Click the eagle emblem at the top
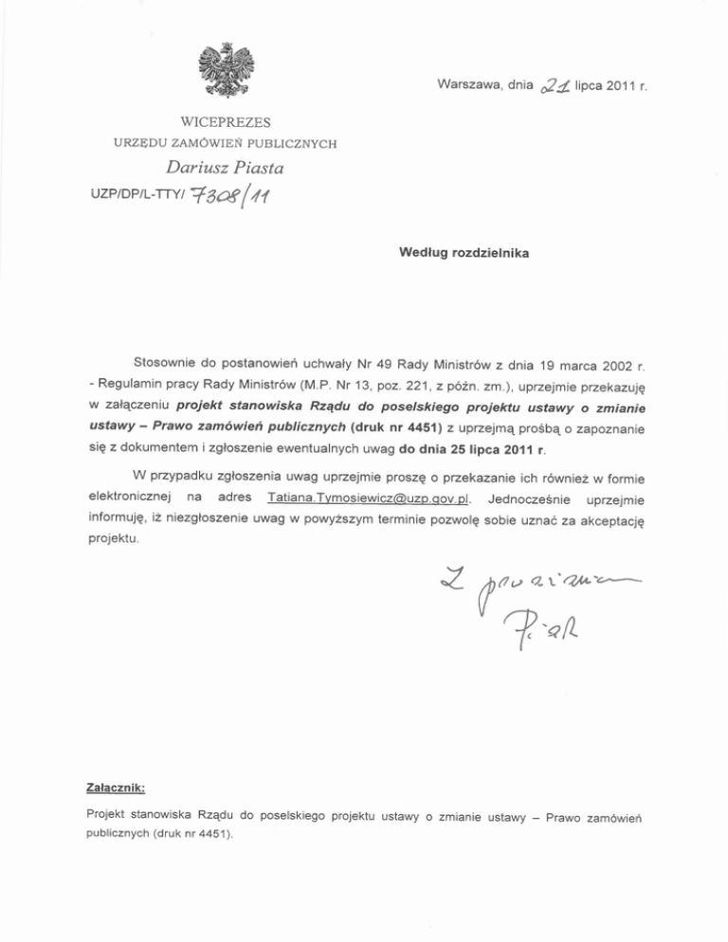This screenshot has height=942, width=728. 225,70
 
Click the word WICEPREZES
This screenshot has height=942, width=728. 225,122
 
